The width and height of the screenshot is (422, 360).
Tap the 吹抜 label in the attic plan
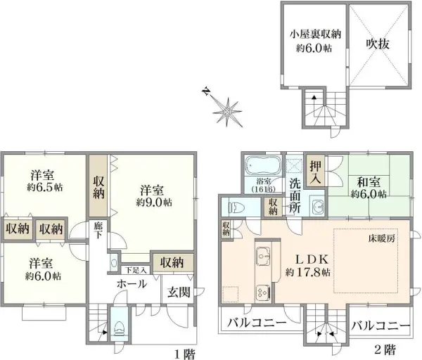click(378, 42)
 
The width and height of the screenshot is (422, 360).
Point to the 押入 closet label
click(317, 172)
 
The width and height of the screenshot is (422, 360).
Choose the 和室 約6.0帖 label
click(369, 187)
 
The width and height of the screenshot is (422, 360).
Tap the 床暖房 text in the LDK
click(390, 241)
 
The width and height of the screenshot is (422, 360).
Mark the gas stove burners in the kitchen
click(262, 291)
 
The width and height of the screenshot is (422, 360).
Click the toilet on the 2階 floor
click(235, 207)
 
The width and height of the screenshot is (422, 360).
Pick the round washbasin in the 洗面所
click(317, 206)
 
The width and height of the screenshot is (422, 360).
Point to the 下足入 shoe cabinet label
click(136, 269)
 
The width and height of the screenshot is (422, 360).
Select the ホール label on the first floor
click(132, 284)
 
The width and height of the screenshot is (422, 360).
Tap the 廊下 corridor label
click(98, 232)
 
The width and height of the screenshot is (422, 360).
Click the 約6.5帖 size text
click(47, 188)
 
